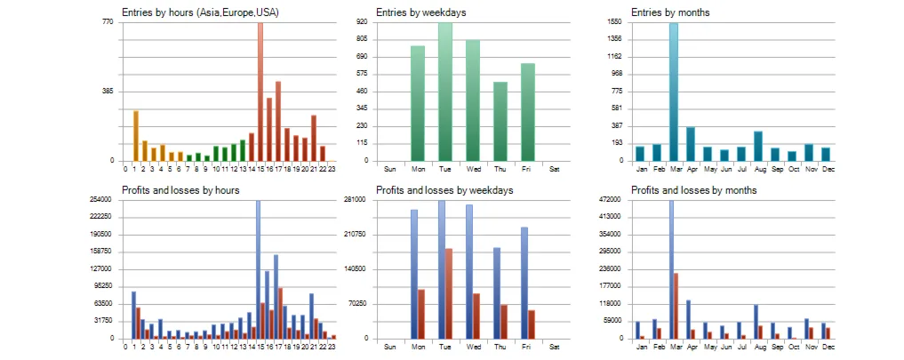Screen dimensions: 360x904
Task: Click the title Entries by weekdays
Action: pos(420,12)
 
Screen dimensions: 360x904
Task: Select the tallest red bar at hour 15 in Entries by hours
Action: pos(260,89)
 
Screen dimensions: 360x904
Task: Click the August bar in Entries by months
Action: pos(757,146)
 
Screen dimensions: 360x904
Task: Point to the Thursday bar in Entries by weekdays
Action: pos(500,121)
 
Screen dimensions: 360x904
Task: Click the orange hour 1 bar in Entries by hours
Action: pos(135,135)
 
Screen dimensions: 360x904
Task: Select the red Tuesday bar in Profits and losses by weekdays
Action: pos(449,293)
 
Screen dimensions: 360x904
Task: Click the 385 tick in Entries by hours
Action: pos(108,91)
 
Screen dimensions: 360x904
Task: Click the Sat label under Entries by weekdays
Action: pos(554,168)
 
